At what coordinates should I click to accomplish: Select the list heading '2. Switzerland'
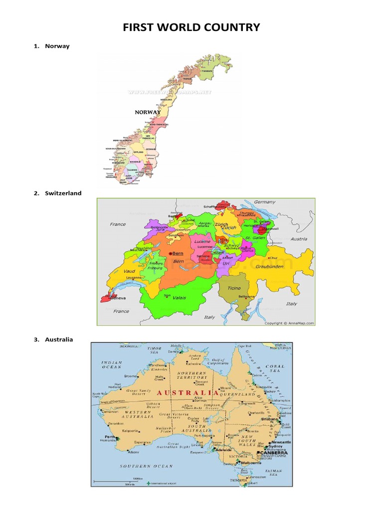(x=57, y=193)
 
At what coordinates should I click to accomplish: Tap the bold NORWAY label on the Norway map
(x=148, y=112)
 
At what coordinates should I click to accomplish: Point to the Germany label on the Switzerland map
(x=264, y=202)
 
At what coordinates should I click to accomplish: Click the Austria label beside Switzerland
(x=299, y=239)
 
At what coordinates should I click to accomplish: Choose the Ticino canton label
(x=234, y=288)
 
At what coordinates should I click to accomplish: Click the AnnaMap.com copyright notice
(x=289, y=323)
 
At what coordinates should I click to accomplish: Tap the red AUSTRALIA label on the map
(x=188, y=393)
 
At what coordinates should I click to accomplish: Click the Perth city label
(x=109, y=437)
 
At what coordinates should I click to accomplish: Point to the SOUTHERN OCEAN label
(x=147, y=466)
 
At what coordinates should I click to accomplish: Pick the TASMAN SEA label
(x=274, y=473)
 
